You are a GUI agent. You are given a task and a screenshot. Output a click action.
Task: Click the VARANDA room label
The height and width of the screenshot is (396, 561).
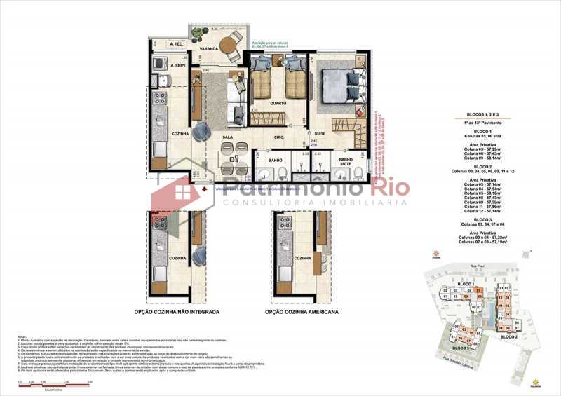click(x=209, y=49)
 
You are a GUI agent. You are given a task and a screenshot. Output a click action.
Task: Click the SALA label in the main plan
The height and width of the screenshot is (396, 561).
click(x=228, y=137)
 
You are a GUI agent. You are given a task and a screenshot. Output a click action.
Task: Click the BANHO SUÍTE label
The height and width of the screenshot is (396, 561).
click(x=345, y=162)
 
